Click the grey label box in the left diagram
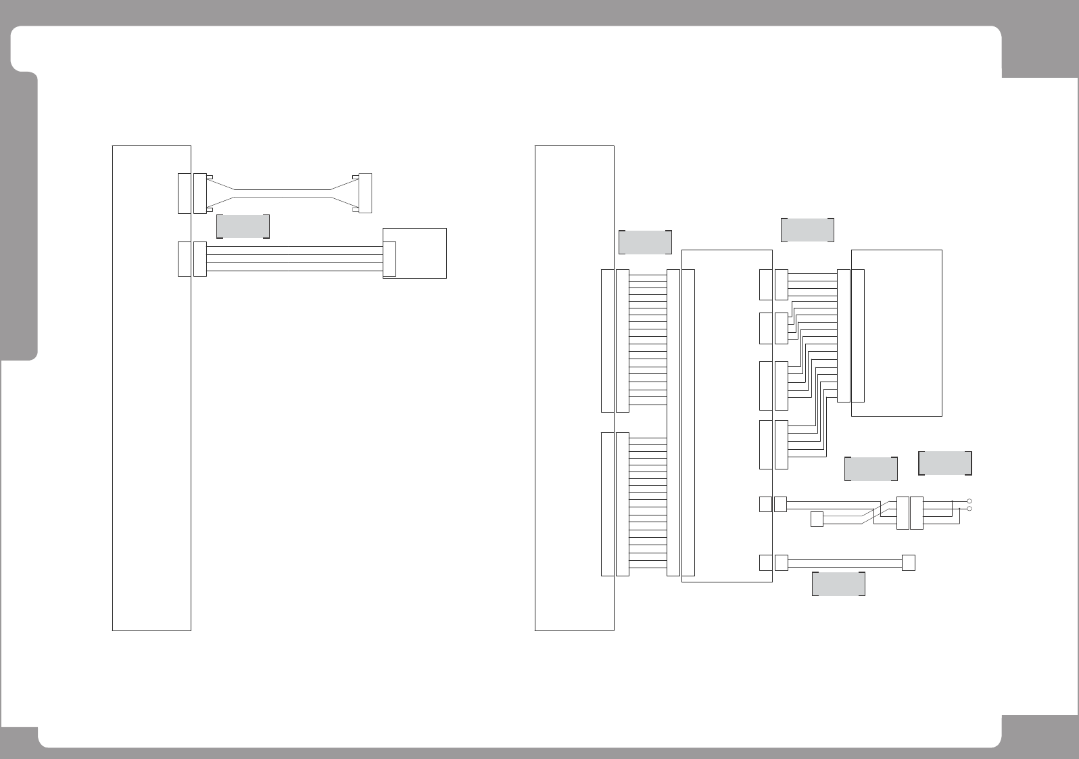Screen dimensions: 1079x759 pyautogui.click(x=243, y=227)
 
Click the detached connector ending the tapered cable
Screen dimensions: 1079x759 pyautogui.click(x=364, y=193)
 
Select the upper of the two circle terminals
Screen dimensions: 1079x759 pyautogui.click(x=969, y=501)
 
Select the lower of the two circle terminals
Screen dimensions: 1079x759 pyautogui.click(x=969, y=509)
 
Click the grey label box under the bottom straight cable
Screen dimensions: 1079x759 pyautogui.click(x=838, y=584)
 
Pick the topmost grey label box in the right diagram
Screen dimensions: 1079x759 pyautogui.click(x=807, y=230)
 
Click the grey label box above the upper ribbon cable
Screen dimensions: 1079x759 pyautogui.click(x=645, y=242)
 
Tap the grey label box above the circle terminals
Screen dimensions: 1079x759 pyautogui.click(x=945, y=463)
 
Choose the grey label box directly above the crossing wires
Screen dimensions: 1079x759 pyautogui.click(x=871, y=469)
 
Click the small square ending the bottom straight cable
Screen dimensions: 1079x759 pyautogui.click(x=909, y=563)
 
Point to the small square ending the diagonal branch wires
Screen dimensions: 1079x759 pyautogui.click(x=817, y=520)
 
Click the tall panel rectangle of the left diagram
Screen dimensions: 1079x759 pyautogui.click(x=151, y=406)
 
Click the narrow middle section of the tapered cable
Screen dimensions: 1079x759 pyautogui.click(x=282, y=193)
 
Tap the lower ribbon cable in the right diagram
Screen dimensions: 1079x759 pyautogui.click(x=648, y=504)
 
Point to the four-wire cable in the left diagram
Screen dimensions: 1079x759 pyautogui.click(x=294, y=259)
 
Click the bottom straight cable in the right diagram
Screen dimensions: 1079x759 pyautogui.click(x=845, y=563)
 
